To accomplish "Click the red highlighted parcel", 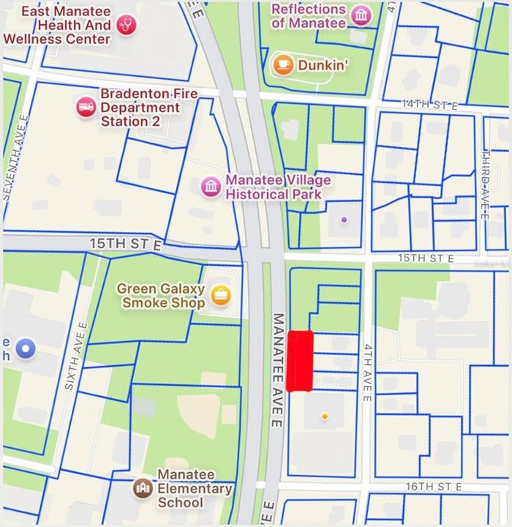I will point(300,361).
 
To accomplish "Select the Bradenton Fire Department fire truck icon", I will point(86,107).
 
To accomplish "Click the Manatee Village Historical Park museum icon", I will point(211,187).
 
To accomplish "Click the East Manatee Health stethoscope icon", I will point(127,25).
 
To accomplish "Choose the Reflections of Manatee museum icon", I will point(360,15).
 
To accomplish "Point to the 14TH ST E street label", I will point(429,105).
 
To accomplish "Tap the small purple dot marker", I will point(345,218).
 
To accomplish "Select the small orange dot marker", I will point(325,416).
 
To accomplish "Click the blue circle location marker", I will point(26,349).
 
